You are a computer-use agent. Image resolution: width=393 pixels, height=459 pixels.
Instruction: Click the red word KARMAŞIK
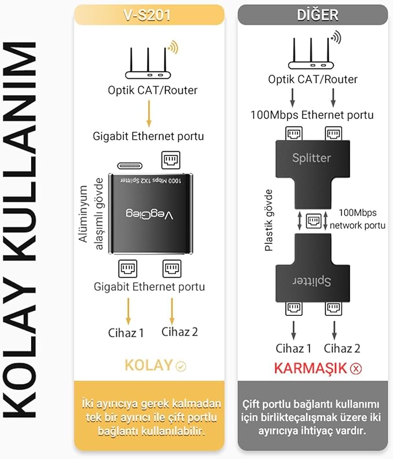(310, 367)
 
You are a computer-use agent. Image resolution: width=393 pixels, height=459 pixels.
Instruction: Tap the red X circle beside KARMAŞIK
(356, 368)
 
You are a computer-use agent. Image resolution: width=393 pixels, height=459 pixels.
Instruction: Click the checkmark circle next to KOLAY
(181, 366)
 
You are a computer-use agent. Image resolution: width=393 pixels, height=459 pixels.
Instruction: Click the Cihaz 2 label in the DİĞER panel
(342, 348)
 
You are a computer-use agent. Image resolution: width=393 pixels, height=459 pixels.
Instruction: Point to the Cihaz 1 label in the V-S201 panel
(126, 332)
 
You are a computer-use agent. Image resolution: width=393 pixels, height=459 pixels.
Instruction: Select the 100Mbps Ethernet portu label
(312, 115)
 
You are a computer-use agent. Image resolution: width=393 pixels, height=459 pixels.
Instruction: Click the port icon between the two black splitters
(313, 220)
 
